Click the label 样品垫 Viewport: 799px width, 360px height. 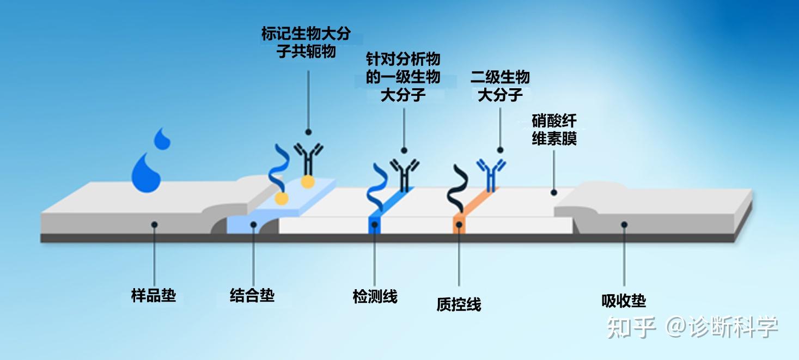tap(154, 296)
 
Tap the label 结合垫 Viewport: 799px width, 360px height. tap(252, 296)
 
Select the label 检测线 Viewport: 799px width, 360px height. tap(375, 297)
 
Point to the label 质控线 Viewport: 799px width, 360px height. tap(459, 304)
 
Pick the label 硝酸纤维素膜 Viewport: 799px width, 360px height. tap(554, 130)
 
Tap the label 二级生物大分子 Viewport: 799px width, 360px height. tap(500, 86)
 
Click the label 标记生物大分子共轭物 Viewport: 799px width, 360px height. tap(306, 42)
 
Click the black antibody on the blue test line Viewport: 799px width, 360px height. tap(405, 173)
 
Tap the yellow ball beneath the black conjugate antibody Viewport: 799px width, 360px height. tap(308, 181)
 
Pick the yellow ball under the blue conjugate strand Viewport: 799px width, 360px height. tap(281, 198)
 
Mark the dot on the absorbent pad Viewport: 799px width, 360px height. tap(624, 224)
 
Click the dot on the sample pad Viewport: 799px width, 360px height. tap(155, 224)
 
